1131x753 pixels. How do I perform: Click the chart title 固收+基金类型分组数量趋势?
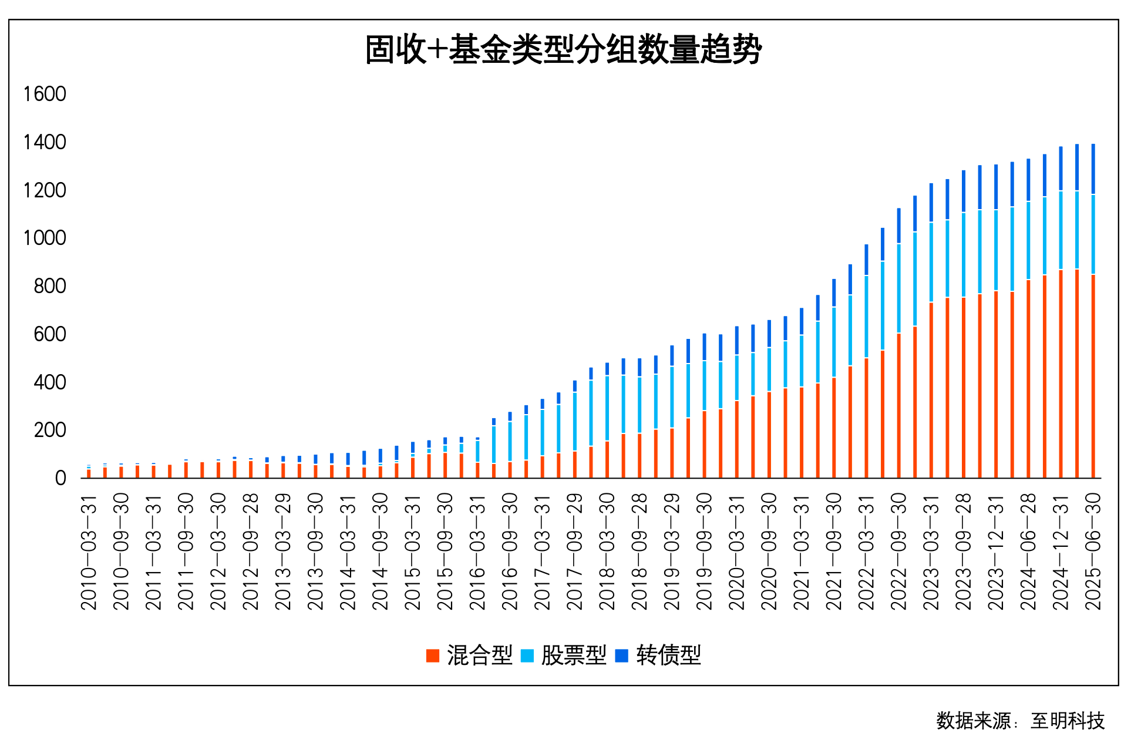point(563,50)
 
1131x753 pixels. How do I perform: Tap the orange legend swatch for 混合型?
point(433,655)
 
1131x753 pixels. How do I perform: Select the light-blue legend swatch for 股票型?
point(527,655)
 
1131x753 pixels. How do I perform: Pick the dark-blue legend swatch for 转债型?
point(621,655)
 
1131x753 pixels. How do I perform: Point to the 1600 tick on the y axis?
point(45,94)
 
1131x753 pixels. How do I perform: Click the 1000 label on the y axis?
point(45,238)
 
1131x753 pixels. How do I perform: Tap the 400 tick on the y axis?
point(50,382)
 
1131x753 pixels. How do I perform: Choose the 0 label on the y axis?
point(60,478)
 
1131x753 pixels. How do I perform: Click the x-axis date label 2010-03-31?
point(89,552)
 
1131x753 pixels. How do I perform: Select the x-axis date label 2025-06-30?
point(1093,552)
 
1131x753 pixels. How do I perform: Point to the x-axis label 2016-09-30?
point(510,552)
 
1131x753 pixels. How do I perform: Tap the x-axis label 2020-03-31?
point(736,552)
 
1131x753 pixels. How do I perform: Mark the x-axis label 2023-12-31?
point(996,552)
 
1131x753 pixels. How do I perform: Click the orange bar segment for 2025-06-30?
point(1093,376)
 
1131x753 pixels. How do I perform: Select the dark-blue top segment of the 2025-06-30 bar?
point(1093,169)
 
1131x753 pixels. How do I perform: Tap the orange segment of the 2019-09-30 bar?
point(704,443)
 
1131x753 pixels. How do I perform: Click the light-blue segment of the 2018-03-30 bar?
point(607,408)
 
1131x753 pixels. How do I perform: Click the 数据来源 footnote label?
point(973,721)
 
